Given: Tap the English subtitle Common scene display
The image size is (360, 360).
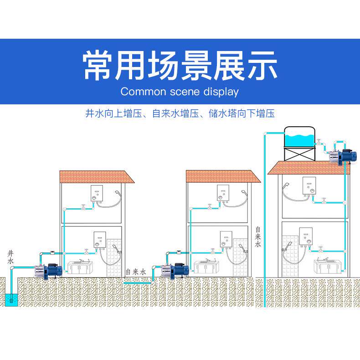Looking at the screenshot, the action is [180, 92].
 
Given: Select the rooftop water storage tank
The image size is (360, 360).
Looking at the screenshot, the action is [299, 139].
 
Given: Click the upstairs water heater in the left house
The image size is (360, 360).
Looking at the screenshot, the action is [97, 194].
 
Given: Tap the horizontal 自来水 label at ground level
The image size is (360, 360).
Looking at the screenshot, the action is [135, 272].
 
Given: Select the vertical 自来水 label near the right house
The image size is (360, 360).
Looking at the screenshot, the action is [258, 237].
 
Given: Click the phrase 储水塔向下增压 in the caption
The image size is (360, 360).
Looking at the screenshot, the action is [242, 113].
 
